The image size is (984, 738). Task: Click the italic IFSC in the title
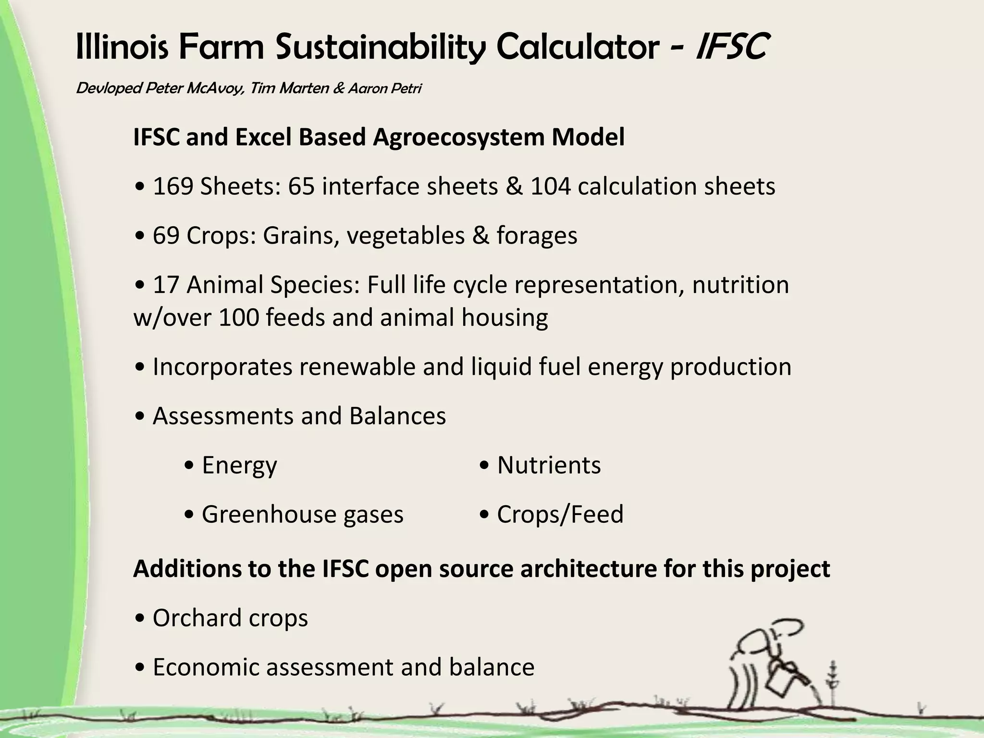click(x=731, y=47)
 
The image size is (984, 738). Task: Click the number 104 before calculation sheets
click(x=551, y=186)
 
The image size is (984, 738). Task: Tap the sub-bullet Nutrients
click(x=549, y=465)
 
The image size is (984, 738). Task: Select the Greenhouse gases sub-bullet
click(x=302, y=515)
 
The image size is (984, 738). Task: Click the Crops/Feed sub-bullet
click(x=560, y=515)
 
